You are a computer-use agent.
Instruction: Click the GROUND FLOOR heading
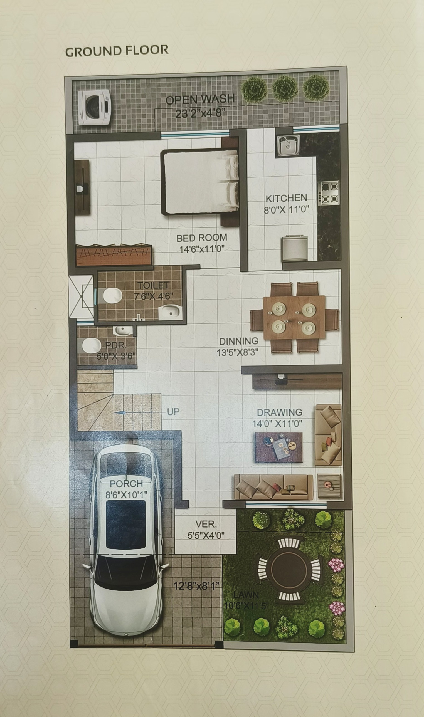click(117, 51)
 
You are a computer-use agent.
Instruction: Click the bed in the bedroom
click(200, 182)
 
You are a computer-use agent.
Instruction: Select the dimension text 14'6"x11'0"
click(202, 249)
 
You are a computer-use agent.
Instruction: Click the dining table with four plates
click(294, 318)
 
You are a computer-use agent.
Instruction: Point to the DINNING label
click(239, 341)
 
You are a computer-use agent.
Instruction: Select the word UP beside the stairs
click(173, 411)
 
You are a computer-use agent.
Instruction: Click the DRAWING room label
click(279, 412)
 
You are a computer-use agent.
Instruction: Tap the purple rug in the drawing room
click(278, 447)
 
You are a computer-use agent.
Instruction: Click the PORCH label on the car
click(126, 484)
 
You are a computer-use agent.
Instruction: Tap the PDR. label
click(116, 345)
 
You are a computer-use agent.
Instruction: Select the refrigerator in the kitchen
click(295, 248)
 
